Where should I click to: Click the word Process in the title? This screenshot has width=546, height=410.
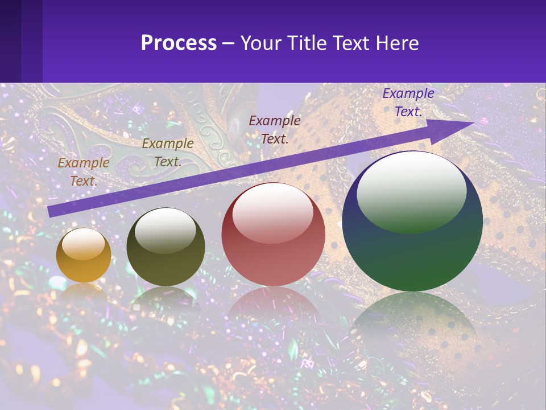click(x=179, y=43)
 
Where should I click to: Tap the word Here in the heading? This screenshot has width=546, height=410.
click(x=396, y=43)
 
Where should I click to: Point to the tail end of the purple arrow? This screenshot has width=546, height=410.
click(x=51, y=211)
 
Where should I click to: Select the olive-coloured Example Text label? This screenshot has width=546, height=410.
click(x=167, y=153)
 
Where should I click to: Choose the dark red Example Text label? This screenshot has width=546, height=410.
click(x=275, y=129)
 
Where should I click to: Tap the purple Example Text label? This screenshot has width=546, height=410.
click(x=408, y=102)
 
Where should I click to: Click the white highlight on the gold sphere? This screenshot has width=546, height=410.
click(x=83, y=244)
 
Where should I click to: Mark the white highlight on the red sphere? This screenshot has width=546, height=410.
click(x=272, y=212)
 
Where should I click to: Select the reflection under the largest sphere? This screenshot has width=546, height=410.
click(x=412, y=325)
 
